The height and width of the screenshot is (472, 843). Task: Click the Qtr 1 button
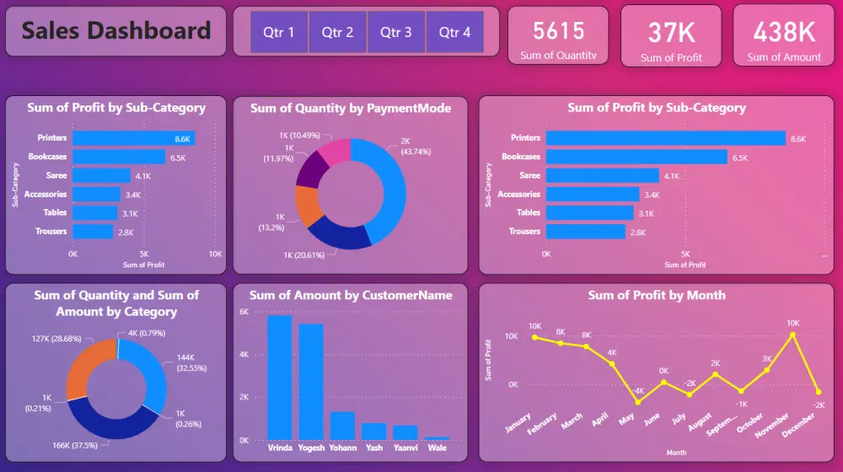click(x=279, y=33)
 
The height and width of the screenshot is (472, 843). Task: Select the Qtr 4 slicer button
click(x=455, y=33)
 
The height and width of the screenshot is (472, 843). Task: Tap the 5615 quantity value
click(x=558, y=31)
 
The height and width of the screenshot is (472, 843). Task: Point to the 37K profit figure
click(x=671, y=33)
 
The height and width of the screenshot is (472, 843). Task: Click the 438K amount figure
click(x=784, y=32)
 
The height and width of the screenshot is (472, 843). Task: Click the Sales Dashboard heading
click(x=116, y=32)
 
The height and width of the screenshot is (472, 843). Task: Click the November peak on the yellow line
click(x=792, y=335)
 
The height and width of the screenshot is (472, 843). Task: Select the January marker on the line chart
click(x=534, y=337)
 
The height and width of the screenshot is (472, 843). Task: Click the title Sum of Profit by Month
click(x=657, y=295)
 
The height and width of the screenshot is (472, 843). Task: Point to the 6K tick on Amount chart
click(x=243, y=312)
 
